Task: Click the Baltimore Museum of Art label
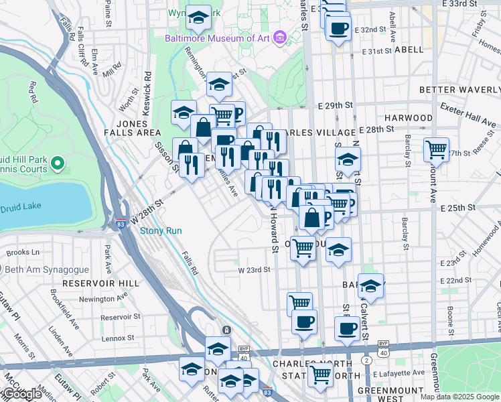(217, 38)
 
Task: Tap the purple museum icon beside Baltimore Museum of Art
(279, 38)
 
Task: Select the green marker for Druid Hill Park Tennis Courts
(57, 162)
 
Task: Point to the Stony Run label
(160, 231)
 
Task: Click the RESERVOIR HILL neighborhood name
(100, 283)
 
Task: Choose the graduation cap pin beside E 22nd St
(370, 285)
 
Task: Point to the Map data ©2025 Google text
(459, 397)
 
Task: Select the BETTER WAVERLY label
(459, 90)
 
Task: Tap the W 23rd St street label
(254, 270)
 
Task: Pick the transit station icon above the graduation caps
(226, 330)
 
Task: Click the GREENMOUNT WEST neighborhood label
(388, 394)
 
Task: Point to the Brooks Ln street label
(23, 253)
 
